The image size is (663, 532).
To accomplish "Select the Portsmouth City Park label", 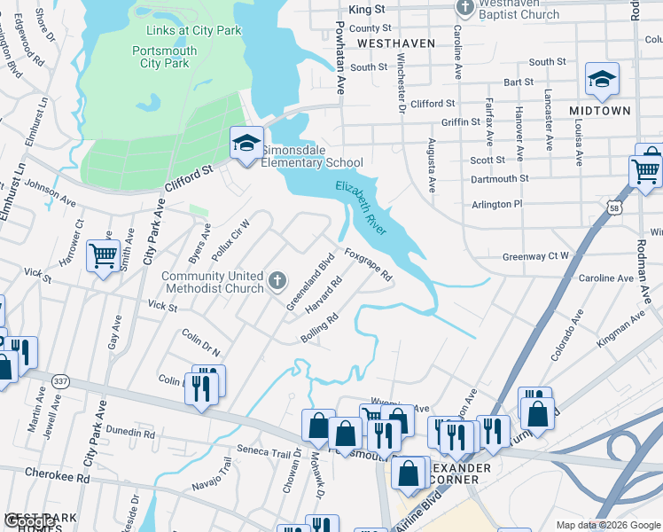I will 165,57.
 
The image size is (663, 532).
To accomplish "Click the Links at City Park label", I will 193,30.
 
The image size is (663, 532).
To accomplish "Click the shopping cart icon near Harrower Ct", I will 103,257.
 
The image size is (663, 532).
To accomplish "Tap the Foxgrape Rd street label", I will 368,264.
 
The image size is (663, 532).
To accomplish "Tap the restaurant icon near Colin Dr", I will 202,387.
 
